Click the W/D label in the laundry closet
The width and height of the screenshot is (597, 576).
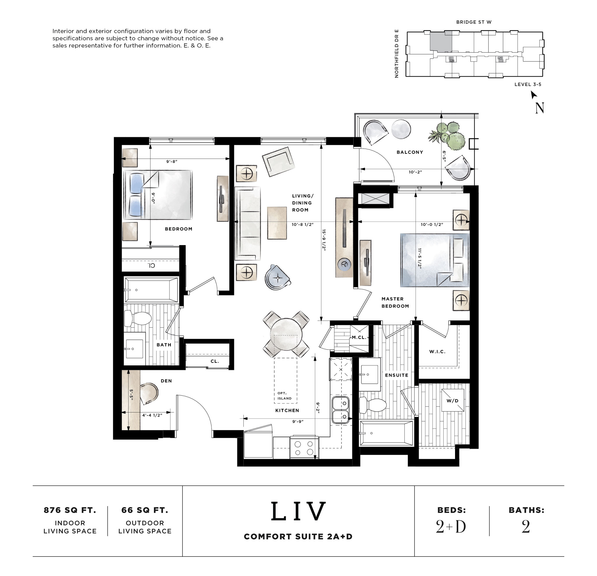452,401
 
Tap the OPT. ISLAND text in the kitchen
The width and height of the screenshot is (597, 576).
284,396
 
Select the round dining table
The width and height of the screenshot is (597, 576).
286,334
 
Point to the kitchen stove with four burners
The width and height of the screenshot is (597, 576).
304,448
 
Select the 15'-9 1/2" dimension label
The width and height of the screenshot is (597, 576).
324,240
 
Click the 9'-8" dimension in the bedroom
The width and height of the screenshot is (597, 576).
171,161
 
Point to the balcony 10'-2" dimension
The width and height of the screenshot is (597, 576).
415,172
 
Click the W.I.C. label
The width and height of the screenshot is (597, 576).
437,352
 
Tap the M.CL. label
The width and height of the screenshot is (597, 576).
359,337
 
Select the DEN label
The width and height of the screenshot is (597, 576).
166,381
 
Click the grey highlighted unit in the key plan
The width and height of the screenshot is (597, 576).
440,42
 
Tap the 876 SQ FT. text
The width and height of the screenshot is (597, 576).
70,510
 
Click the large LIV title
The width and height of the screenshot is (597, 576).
298,511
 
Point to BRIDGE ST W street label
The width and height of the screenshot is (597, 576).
474,22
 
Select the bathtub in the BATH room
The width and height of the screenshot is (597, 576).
151,289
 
